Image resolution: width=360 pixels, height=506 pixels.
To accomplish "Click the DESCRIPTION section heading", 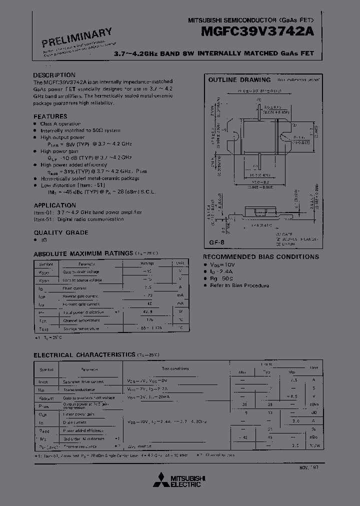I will pyautogui.click(x=54, y=75).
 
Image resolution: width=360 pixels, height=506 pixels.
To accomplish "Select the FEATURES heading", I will pyautogui.click(x=50, y=116).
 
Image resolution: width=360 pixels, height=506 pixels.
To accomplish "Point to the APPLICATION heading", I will pyautogui.click(x=55, y=205).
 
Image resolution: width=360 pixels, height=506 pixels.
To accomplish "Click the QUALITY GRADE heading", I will pyautogui.click(x=61, y=232).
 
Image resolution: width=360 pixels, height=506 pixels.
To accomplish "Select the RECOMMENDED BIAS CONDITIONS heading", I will pyautogui.click(x=260, y=256).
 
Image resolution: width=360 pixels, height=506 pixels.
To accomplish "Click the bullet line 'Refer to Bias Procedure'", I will pyautogui.click(x=239, y=285).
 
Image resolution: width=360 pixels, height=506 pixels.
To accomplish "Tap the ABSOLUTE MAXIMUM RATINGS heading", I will pyautogui.click(x=83, y=253).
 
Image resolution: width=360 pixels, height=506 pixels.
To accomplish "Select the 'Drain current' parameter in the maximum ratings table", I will pyautogui.click(x=75, y=288).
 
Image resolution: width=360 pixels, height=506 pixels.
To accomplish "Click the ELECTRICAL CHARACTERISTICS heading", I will pyautogui.click(x=84, y=354).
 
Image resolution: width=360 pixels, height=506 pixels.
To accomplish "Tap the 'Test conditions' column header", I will pyautogui.click(x=175, y=368).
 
